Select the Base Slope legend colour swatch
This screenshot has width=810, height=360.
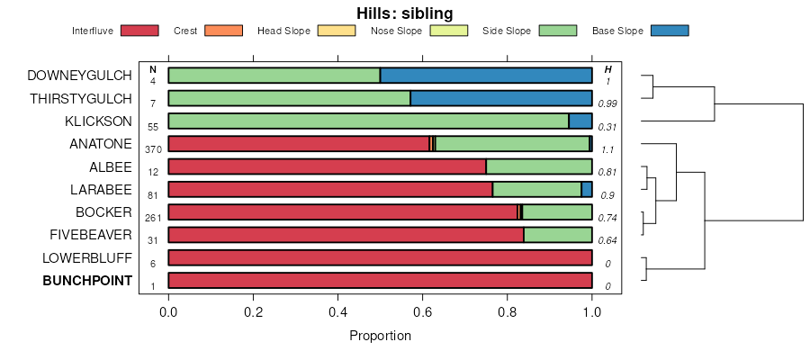[x=669, y=31]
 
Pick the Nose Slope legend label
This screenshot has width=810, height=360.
[x=396, y=31]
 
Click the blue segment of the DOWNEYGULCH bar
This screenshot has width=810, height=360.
[x=486, y=75]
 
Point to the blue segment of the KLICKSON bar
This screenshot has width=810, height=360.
[x=580, y=121]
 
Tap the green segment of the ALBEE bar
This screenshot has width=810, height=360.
[x=539, y=166]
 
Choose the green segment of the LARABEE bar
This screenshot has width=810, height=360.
[x=536, y=190]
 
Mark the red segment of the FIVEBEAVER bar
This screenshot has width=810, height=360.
[x=346, y=235]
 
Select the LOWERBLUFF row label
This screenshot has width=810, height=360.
[x=87, y=258]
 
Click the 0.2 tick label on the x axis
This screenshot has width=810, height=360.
[x=254, y=311]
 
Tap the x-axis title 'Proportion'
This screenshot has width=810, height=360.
[x=380, y=336]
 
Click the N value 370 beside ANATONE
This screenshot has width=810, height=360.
[x=153, y=149]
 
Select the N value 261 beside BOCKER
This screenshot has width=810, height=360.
[x=153, y=218]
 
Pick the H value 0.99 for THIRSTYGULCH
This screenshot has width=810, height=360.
[x=607, y=103]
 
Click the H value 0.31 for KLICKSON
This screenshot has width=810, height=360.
[x=607, y=126]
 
